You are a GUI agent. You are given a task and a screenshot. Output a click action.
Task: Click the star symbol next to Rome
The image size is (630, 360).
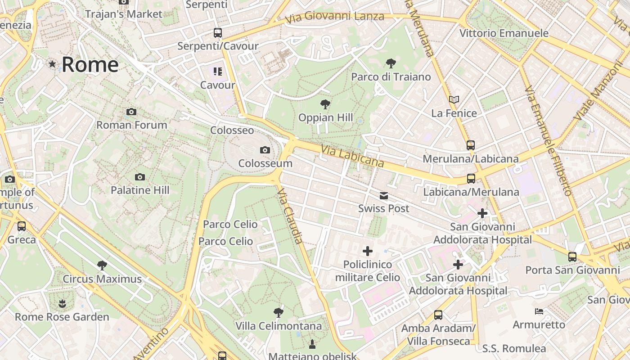(52, 64)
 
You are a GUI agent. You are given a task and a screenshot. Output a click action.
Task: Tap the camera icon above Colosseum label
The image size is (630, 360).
(265, 150)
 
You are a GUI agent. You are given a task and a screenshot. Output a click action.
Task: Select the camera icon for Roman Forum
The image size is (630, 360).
(131, 112)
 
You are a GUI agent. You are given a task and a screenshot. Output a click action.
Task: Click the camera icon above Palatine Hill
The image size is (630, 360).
(140, 177)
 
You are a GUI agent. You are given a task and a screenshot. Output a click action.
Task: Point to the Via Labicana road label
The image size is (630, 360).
(353, 156)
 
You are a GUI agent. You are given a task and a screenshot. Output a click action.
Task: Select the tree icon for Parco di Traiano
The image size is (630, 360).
(391, 63)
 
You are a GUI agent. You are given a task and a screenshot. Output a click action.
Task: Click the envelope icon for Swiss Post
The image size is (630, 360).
(384, 195)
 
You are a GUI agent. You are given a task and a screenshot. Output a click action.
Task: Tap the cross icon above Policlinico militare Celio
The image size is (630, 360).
(368, 251)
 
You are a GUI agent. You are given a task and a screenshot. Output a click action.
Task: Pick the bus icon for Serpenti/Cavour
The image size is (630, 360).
(218, 32)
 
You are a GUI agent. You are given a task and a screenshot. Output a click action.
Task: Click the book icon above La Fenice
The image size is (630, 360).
(454, 99)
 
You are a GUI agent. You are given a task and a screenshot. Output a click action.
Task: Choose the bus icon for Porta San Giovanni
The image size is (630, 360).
(572, 257)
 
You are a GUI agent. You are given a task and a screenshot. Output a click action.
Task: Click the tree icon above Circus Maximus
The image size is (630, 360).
(102, 265)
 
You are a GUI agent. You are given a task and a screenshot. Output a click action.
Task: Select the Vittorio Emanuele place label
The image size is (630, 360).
(504, 33)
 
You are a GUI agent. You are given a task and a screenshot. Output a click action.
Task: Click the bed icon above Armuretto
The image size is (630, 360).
(539, 311)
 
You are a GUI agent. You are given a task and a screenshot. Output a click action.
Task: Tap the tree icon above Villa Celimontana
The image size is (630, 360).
(279, 312)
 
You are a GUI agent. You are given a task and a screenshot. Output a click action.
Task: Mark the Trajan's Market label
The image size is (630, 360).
(123, 14)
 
